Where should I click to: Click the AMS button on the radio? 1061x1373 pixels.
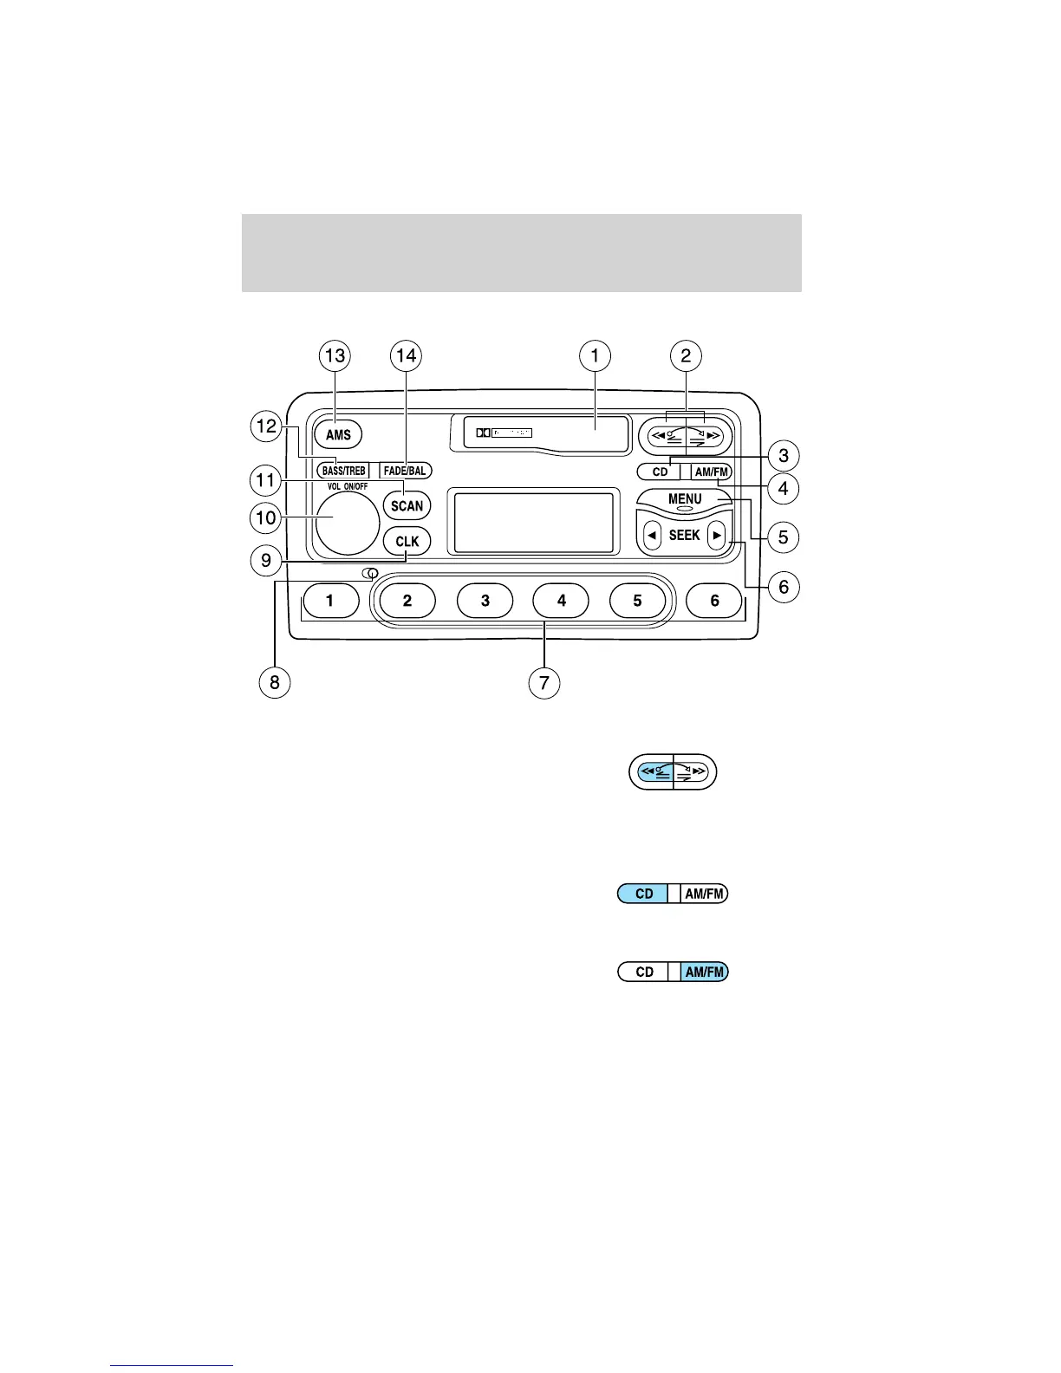(x=338, y=434)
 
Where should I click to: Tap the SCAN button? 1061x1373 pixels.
(x=407, y=505)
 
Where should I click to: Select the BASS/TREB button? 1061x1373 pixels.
(x=343, y=471)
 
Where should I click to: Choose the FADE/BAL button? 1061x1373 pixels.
(x=405, y=471)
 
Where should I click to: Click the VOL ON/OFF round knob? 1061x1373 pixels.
(x=347, y=523)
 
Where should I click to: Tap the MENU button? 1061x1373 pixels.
(x=685, y=500)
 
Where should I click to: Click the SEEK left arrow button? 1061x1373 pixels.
(x=652, y=536)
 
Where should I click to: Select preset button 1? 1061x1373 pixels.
(x=330, y=601)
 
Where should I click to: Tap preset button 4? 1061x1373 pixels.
(x=561, y=601)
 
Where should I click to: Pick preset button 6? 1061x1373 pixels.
(x=714, y=601)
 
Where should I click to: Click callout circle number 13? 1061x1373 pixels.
(x=335, y=355)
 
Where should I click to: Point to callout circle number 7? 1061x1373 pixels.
(x=544, y=682)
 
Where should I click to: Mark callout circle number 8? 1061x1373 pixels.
(x=275, y=682)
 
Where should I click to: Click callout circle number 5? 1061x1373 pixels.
(x=783, y=537)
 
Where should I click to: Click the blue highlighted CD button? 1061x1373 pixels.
(x=643, y=894)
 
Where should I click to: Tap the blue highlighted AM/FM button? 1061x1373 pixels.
(x=705, y=972)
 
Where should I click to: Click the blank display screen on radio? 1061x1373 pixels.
(x=534, y=522)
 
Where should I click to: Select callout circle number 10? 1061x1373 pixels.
(x=265, y=518)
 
